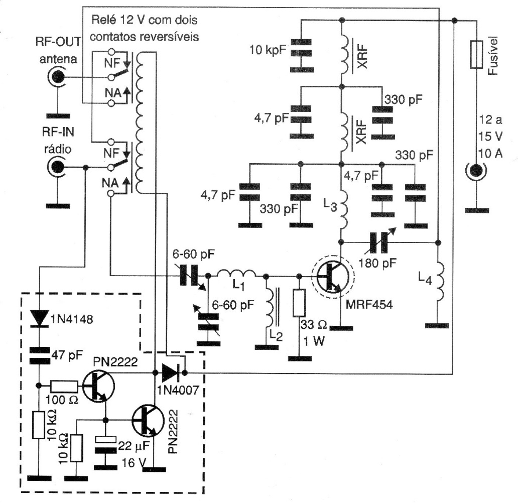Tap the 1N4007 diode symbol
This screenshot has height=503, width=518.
coord(169,373)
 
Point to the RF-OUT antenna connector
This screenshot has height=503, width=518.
coord(57,77)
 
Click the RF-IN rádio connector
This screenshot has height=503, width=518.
coord(57,167)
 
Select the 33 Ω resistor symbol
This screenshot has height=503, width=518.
coord(300,303)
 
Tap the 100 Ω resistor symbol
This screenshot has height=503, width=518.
coord(64,386)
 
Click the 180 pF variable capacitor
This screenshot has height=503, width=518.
coord(378,242)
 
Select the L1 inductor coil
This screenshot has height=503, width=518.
coord(236,275)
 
